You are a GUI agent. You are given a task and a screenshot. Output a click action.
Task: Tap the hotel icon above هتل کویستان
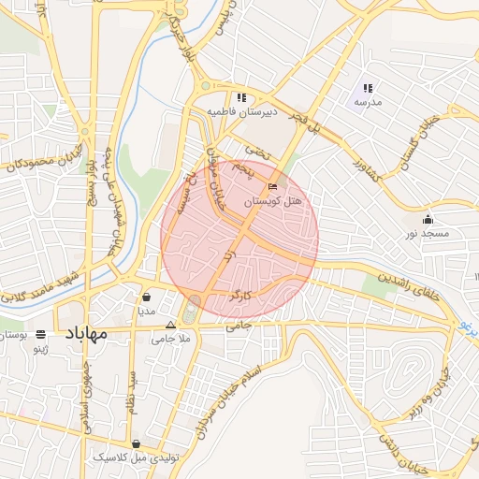tap(273, 186)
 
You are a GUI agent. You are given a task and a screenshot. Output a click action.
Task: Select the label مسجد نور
tap(428, 232)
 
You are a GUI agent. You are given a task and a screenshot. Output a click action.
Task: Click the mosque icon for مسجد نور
tap(428, 217)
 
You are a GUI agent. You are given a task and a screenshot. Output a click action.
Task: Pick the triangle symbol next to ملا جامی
tap(169, 326)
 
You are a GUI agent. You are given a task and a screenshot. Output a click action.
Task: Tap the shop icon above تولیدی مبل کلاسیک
tap(137, 444)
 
